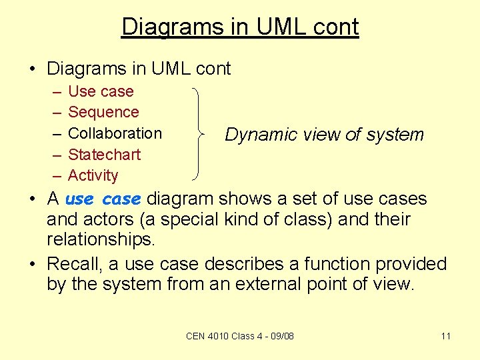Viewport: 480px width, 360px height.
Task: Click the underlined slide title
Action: click(x=240, y=27)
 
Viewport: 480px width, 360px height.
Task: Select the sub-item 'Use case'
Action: click(x=101, y=91)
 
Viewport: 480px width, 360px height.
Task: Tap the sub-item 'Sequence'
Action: click(x=103, y=112)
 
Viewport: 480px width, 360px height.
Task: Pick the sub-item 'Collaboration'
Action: click(x=115, y=133)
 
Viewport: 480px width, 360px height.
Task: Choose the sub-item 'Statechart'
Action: click(x=104, y=155)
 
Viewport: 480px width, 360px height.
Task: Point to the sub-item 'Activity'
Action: click(x=93, y=175)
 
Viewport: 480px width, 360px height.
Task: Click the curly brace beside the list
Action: click(x=198, y=133)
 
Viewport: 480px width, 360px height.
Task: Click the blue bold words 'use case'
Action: click(x=103, y=199)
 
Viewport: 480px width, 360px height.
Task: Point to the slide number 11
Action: click(x=446, y=336)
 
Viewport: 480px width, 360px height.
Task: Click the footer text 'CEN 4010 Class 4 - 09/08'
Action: click(x=240, y=336)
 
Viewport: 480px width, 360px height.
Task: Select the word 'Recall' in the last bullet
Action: click(x=73, y=264)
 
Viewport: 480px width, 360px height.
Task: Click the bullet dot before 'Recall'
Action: click(x=34, y=264)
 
